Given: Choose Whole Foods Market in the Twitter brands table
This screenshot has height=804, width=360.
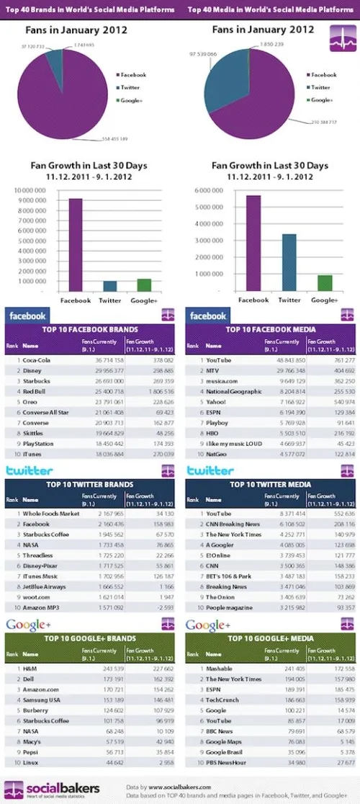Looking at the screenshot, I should click(x=50, y=513).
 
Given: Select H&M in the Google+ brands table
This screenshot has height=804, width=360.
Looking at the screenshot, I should click(x=28, y=666).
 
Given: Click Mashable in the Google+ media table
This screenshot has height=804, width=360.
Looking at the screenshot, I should click(x=219, y=666).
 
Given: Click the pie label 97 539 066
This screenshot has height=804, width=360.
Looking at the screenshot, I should click(x=204, y=54).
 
